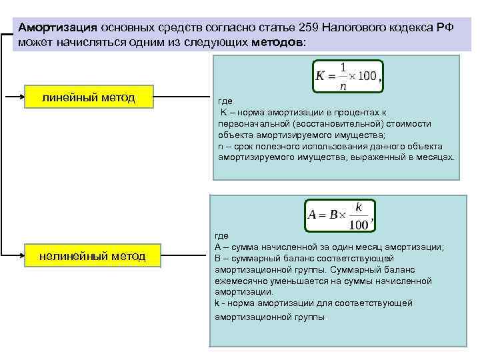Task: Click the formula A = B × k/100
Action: point(339,215)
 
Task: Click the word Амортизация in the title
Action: point(57,28)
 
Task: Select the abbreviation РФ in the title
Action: point(445,28)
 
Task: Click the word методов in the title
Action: point(277,42)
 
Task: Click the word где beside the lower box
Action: point(221,235)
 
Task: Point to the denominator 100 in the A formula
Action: point(359,225)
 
